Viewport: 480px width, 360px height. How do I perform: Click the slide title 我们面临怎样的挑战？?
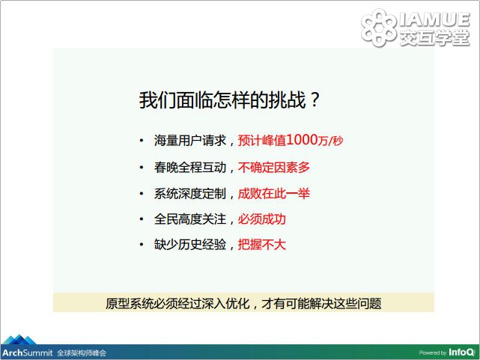[230, 100]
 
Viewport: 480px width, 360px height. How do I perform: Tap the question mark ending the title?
[315, 100]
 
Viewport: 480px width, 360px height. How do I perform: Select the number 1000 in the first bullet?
[302, 140]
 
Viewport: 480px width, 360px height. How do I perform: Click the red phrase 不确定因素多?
[274, 168]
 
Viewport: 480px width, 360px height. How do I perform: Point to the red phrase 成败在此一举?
[274, 194]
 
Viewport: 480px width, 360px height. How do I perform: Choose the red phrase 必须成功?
[262, 219]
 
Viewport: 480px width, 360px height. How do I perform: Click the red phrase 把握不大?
[262, 245]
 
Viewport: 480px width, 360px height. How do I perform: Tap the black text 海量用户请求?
[190, 141]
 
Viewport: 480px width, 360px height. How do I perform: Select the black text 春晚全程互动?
[190, 168]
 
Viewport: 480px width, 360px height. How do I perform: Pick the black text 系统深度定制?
[190, 194]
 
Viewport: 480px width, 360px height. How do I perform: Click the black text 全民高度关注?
[190, 219]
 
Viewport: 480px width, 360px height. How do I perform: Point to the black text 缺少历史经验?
[190, 245]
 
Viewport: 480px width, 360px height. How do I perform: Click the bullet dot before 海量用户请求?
[142, 141]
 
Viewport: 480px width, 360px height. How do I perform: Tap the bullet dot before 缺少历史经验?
[142, 245]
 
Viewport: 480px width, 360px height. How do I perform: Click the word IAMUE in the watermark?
[434, 19]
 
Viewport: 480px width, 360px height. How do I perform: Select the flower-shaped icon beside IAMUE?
[379, 28]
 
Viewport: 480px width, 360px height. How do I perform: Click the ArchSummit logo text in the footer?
[28, 353]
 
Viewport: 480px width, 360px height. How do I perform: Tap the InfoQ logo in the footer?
[461, 353]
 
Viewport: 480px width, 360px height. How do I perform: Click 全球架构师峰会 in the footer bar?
[82, 353]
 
